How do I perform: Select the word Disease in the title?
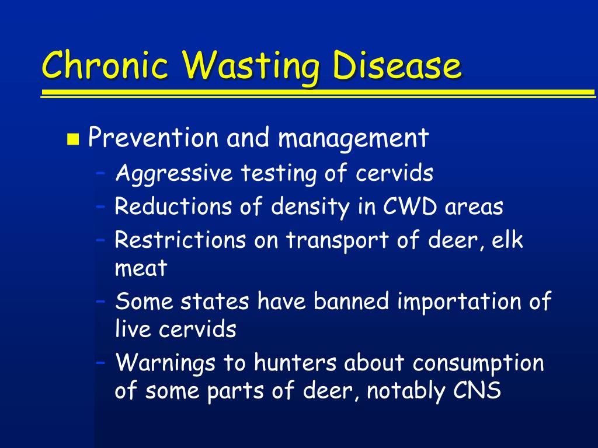click(397, 64)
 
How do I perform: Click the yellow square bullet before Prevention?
click(73, 139)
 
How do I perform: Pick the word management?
click(353, 139)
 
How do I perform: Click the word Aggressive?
click(174, 174)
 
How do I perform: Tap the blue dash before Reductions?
click(100, 206)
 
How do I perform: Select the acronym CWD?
click(409, 206)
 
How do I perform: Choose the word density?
click(310, 207)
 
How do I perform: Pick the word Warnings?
click(165, 363)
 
